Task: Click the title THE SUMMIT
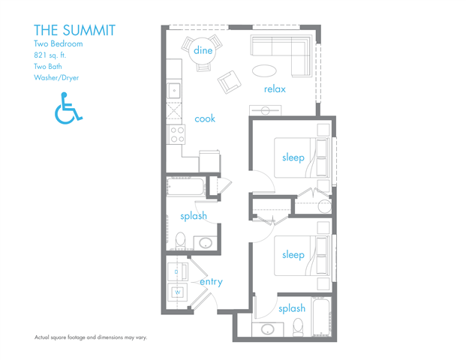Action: [74, 30]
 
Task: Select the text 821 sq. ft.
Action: [50, 55]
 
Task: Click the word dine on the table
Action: [203, 50]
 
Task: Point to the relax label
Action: [275, 88]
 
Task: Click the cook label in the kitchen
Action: [205, 118]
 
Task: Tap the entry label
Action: [211, 281]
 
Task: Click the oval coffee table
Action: [264, 71]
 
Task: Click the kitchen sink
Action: [174, 90]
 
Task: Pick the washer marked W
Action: [177, 292]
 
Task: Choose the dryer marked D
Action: [177, 271]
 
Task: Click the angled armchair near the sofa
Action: [229, 82]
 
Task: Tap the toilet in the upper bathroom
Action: [180, 240]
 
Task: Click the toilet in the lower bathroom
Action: [298, 327]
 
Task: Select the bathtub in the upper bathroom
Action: [186, 187]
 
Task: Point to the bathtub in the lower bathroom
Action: [321, 316]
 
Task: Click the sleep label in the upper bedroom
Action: [293, 157]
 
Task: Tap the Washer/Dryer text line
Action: [56, 78]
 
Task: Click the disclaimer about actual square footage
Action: [91, 337]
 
